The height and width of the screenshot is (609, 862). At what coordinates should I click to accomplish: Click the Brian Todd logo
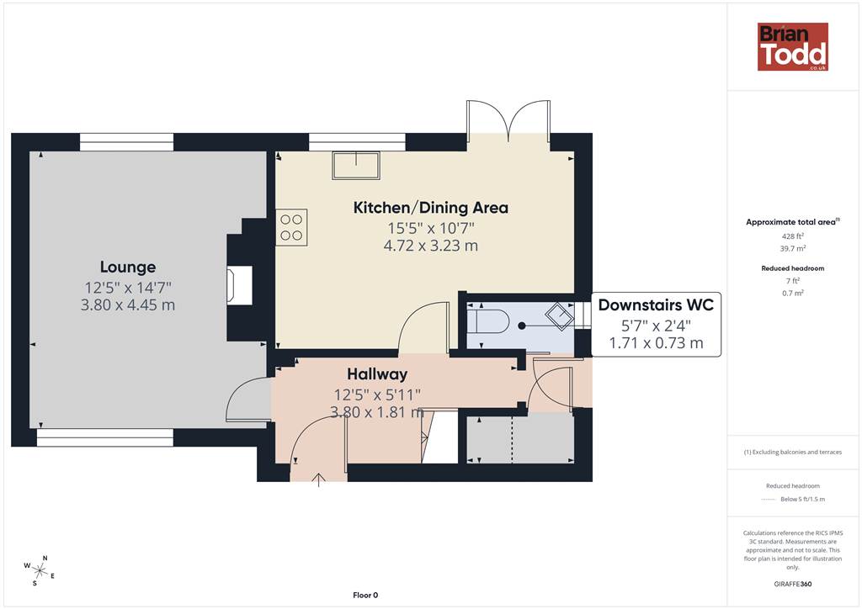(793, 46)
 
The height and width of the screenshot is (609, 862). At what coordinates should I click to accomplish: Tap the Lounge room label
(128, 267)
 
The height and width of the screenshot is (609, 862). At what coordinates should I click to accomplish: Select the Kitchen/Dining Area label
(430, 208)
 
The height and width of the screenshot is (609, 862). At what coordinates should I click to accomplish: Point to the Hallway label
(377, 374)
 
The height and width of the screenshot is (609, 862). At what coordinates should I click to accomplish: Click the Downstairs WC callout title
(656, 304)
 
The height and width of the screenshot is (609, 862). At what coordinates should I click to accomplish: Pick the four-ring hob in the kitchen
(291, 227)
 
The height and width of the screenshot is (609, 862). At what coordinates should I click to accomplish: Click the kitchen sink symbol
(356, 166)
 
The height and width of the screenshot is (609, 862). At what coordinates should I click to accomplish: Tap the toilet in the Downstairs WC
(489, 321)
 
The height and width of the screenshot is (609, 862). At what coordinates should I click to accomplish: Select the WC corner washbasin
(560, 316)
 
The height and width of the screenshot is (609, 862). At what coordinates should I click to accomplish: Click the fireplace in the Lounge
(240, 285)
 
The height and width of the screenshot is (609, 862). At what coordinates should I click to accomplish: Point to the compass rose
(40, 570)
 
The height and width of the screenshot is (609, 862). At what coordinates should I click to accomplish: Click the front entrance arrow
(319, 479)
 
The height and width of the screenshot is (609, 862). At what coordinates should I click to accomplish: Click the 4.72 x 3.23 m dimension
(430, 246)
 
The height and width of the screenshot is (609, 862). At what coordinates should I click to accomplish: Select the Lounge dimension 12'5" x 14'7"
(128, 287)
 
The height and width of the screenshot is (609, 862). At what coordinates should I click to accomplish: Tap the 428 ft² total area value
(793, 236)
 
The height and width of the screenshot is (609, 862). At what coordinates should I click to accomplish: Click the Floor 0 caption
(365, 596)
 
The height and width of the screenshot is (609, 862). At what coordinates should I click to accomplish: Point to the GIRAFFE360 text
(793, 584)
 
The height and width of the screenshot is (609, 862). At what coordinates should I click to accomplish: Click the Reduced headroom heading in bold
(793, 268)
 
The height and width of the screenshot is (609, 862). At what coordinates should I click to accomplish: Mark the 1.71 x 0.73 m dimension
(656, 343)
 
